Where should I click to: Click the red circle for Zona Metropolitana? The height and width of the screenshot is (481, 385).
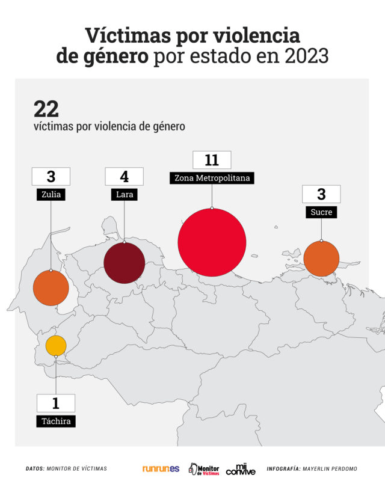[212, 242]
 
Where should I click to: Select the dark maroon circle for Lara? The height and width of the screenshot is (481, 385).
[124, 263]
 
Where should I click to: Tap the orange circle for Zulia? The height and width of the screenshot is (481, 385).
[51, 288]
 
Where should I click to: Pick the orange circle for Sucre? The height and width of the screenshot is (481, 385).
[321, 259]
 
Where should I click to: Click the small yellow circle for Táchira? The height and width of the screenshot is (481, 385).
[56, 346]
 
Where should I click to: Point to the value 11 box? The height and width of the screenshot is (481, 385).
[211, 160]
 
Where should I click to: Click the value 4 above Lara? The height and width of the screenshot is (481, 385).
[124, 176]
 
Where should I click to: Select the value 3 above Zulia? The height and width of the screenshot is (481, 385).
[51, 176]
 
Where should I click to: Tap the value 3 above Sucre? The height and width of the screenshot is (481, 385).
[321, 194]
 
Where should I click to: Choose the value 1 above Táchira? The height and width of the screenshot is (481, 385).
[56, 403]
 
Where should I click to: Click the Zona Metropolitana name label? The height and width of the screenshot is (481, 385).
[212, 178]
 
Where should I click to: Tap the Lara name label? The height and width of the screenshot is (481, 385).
[124, 194]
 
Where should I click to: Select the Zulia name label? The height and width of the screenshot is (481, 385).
[51, 194]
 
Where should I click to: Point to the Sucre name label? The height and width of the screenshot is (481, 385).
[321, 212]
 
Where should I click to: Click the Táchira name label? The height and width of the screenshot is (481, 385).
[56, 421]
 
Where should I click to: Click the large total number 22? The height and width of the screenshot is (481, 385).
[46, 109]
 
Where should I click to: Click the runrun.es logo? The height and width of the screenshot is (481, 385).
[161, 468]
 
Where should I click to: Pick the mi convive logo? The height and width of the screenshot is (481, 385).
[241, 468]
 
